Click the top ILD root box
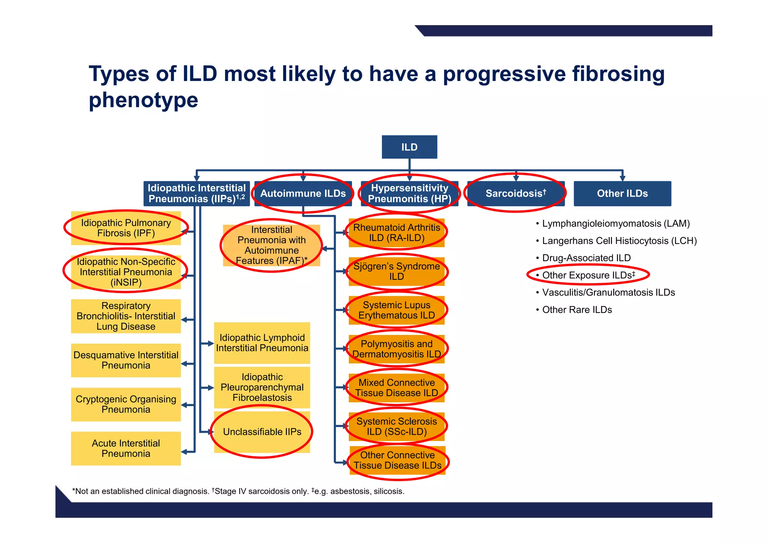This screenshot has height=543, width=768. click(x=409, y=147)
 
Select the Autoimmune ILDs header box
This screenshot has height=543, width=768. click(x=303, y=193)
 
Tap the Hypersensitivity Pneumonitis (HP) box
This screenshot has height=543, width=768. click(x=409, y=193)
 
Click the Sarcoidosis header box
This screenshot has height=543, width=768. click(x=516, y=193)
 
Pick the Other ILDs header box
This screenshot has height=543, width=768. click(x=622, y=193)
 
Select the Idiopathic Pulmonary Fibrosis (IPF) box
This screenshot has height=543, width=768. click(x=126, y=228)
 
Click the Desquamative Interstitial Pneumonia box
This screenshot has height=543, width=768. click(x=126, y=360)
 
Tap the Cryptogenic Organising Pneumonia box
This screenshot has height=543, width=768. click(x=126, y=404)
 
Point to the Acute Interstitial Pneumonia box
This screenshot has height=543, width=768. click(x=126, y=448)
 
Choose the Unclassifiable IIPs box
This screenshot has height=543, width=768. click(x=262, y=432)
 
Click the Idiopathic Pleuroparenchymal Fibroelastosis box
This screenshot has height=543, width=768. click(x=262, y=387)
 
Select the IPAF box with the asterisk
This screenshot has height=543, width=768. click(x=271, y=245)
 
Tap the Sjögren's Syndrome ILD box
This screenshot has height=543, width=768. click(x=396, y=271)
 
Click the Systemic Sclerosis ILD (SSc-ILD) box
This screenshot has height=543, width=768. click(x=396, y=426)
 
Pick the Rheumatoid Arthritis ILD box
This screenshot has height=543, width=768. click(x=396, y=232)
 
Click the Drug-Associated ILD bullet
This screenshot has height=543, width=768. click(x=586, y=258)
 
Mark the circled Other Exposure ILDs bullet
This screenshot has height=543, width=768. click(x=588, y=275)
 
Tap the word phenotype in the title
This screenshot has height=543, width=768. click(x=143, y=100)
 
